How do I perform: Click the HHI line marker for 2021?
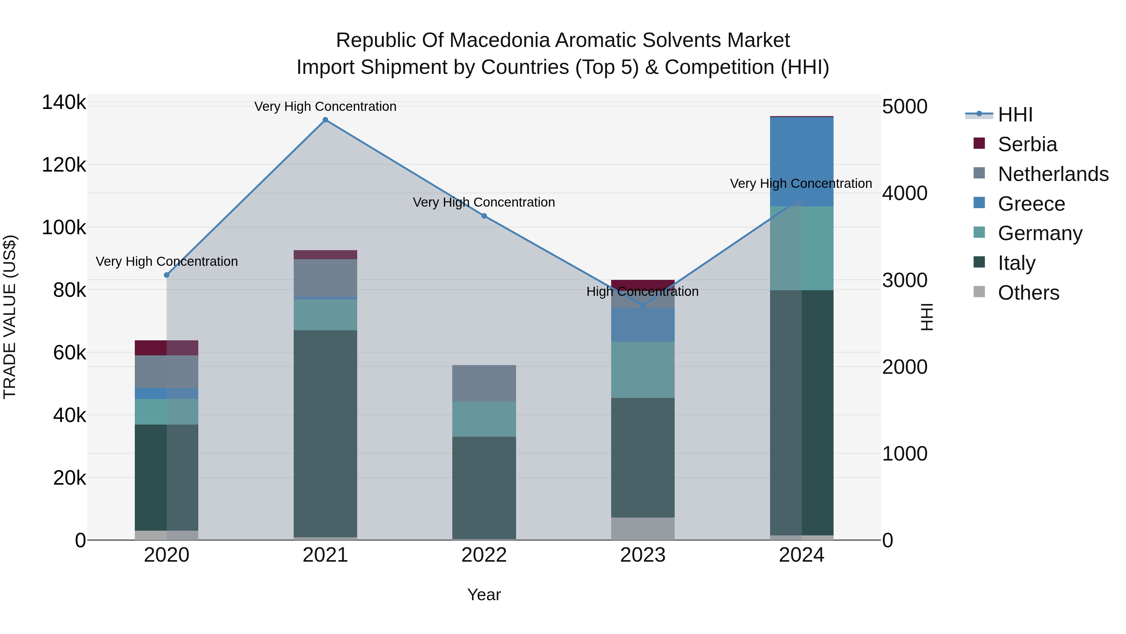pyautogui.click(x=325, y=120)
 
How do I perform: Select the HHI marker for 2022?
pyautogui.click(x=484, y=216)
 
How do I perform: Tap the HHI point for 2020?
pyautogui.click(x=166, y=275)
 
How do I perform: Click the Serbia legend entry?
pyautogui.click(x=1027, y=144)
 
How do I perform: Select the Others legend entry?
pyautogui.click(x=1028, y=293)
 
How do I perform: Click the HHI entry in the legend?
pyautogui.click(x=1015, y=115)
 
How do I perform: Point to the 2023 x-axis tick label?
pyautogui.click(x=642, y=555)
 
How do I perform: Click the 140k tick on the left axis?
pyautogui.click(x=64, y=102)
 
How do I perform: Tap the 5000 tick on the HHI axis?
pyautogui.click(x=904, y=106)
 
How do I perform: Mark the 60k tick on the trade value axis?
pyautogui.click(x=69, y=353)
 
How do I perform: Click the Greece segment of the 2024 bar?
pyautogui.click(x=802, y=162)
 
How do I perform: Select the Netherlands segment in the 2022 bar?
pyautogui.click(x=484, y=383)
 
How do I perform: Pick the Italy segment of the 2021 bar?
pyautogui.click(x=325, y=433)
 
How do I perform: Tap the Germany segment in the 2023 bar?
pyautogui.click(x=642, y=369)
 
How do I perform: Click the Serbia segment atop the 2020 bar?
pyautogui.click(x=166, y=348)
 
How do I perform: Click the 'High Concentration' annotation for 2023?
pyautogui.click(x=642, y=291)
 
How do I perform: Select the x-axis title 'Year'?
pyautogui.click(x=484, y=595)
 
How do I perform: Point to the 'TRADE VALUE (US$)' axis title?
pyautogui.click(x=10, y=317)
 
